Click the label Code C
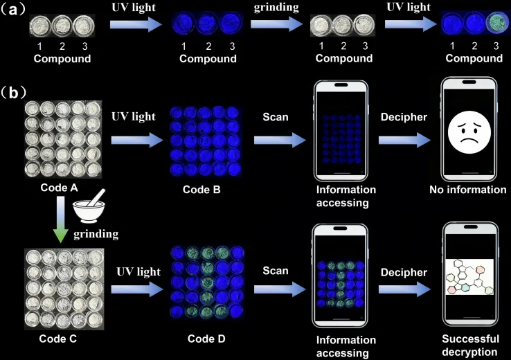click(60, 339)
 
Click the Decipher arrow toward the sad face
click(404, 140)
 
